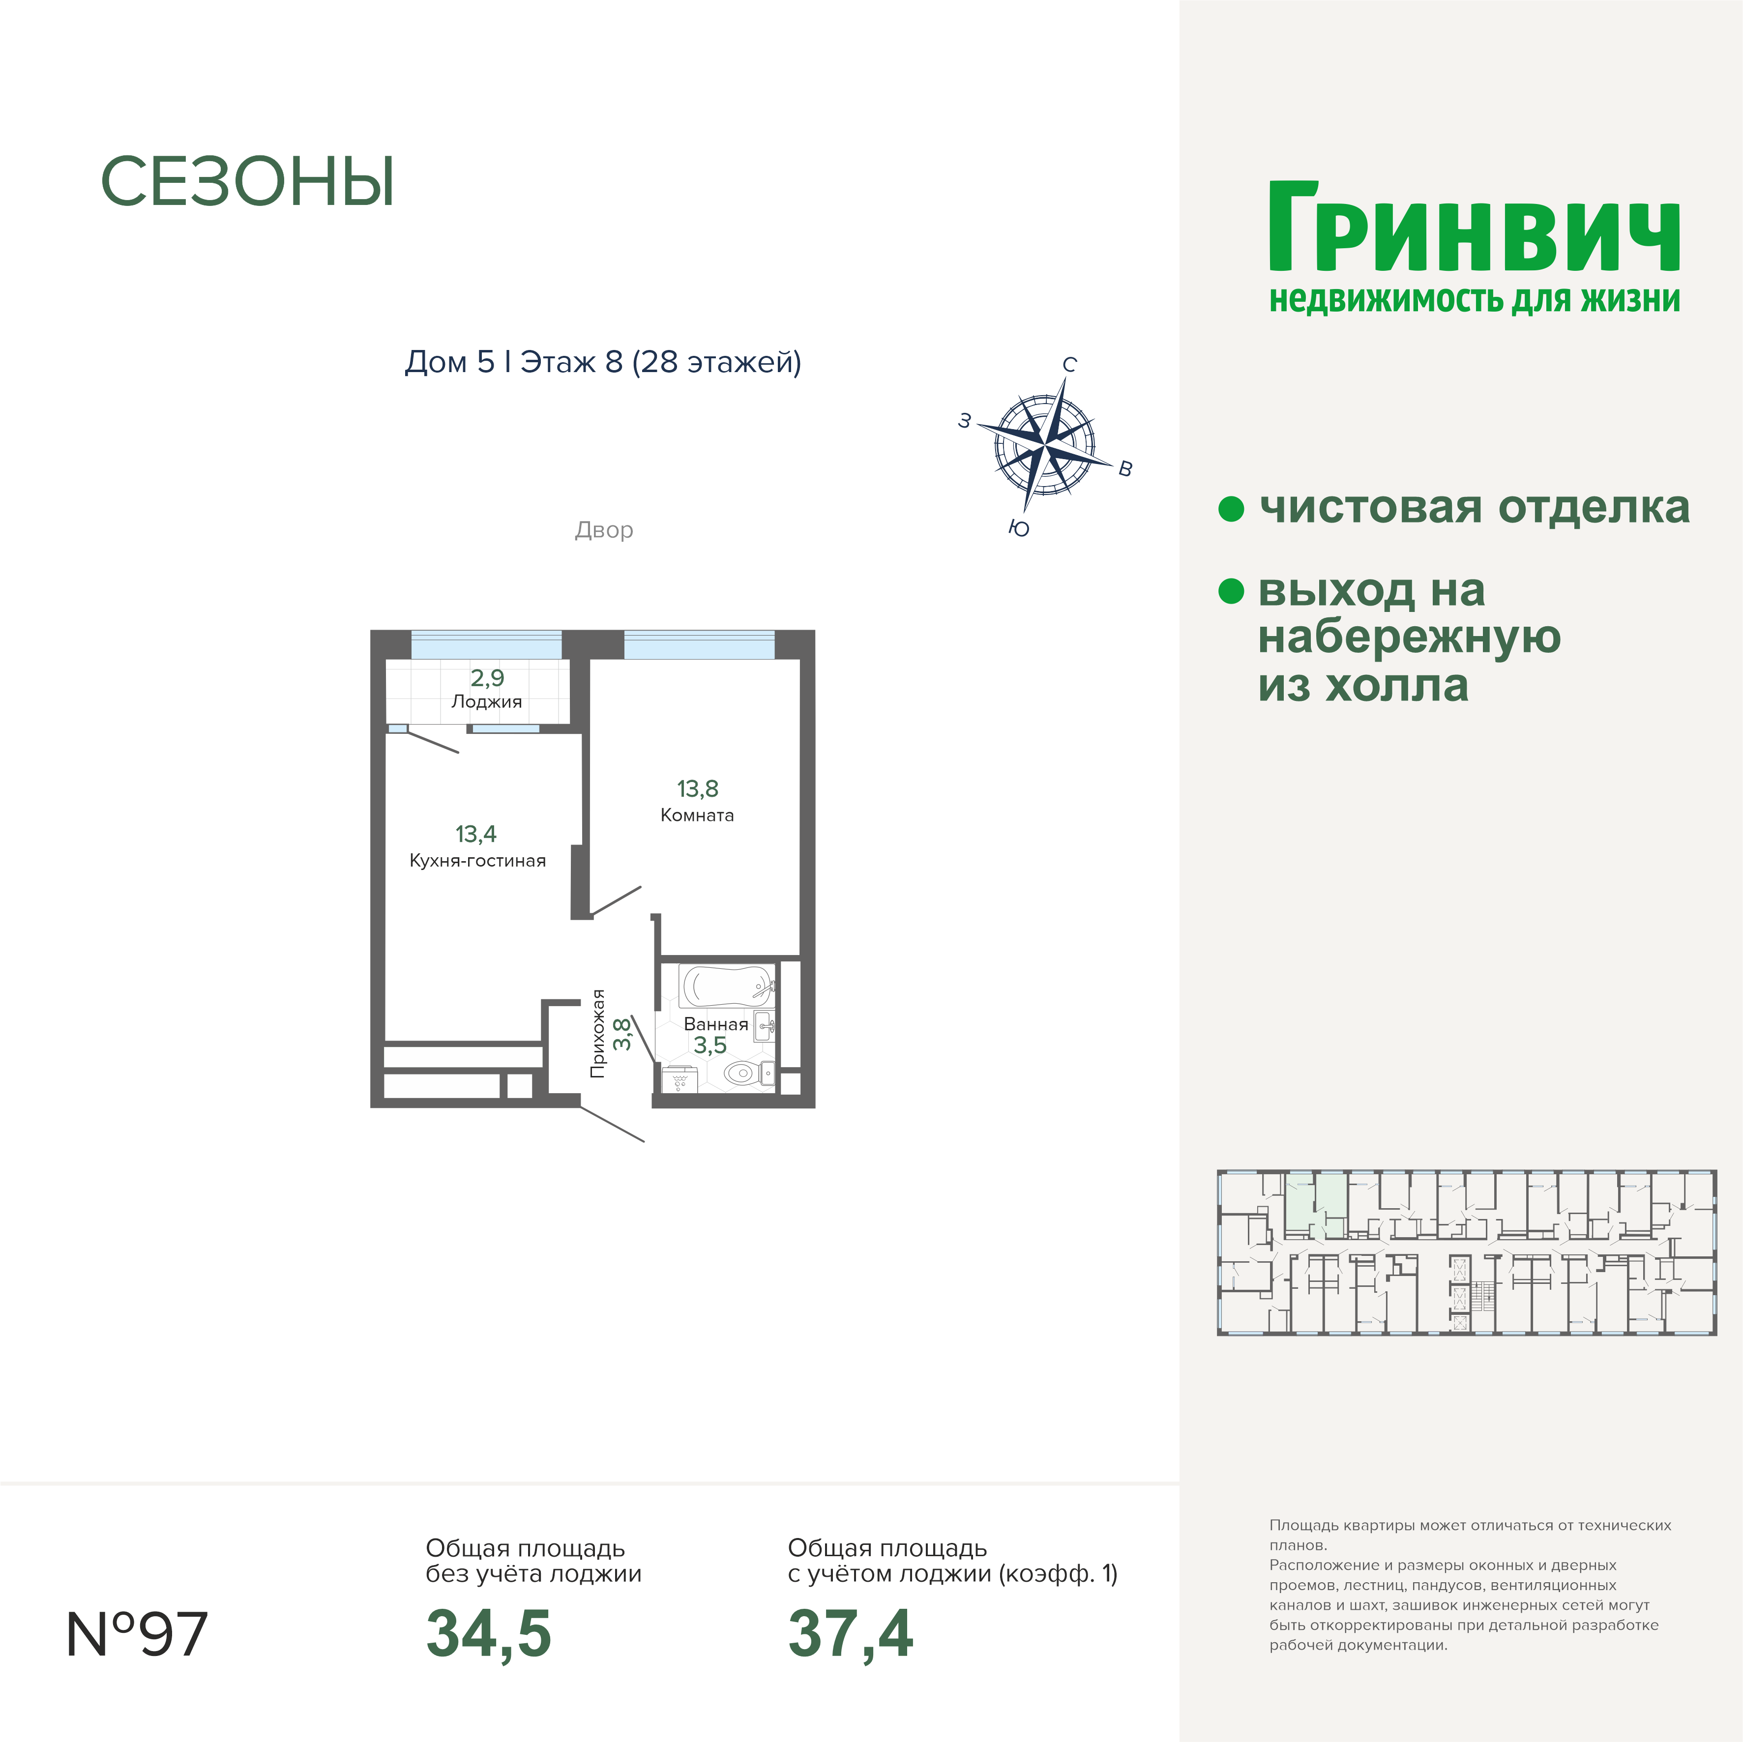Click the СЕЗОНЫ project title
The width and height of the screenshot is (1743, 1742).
247,182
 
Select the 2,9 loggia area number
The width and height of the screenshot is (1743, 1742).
487,677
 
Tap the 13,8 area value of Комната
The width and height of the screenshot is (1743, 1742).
697,788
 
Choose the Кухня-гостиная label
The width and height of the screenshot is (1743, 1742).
477,861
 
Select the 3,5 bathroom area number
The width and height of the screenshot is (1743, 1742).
710,1045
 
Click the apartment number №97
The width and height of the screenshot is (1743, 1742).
137,1634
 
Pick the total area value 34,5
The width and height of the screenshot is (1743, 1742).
488,1635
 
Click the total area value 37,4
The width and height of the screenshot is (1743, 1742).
851,1635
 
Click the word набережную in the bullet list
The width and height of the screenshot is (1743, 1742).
1409,638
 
